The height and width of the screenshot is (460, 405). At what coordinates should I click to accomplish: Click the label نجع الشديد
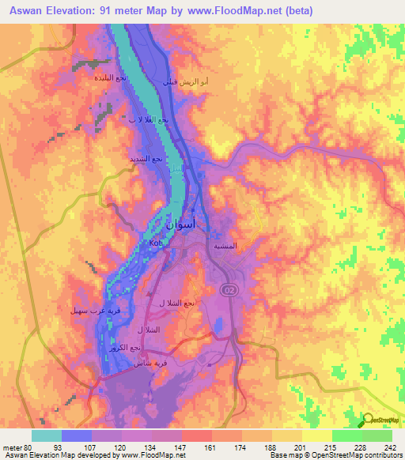(x=147, y=159)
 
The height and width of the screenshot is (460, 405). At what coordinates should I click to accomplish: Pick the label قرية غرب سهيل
(x=92, y=311)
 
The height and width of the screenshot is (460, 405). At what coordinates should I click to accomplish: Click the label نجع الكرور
(x=124, y=349)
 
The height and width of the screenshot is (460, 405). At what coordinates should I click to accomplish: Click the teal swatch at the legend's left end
(x=47, y=435)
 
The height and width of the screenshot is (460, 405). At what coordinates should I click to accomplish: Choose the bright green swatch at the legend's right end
(x=377, y=435)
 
